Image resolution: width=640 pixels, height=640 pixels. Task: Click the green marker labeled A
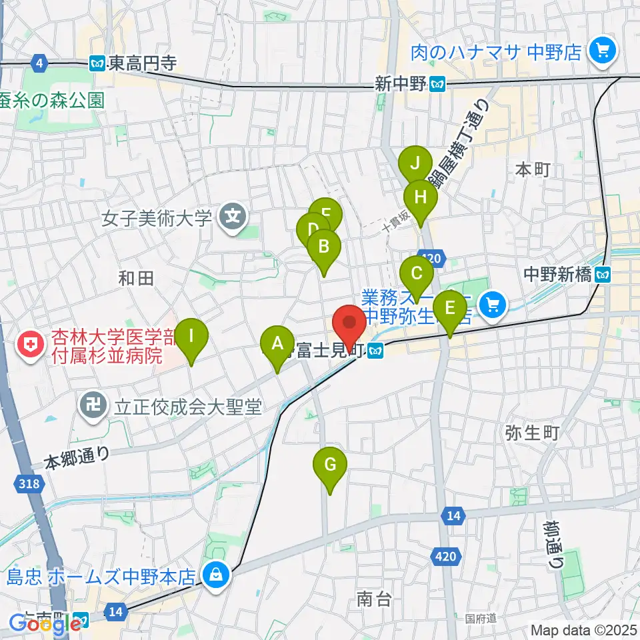(277, 345)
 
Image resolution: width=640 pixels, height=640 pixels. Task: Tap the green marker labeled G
(330, 465)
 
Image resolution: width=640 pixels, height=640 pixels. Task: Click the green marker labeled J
(415, 164)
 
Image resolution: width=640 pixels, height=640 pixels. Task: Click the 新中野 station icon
(438, 83)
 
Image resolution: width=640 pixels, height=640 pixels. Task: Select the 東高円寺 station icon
(97, 63)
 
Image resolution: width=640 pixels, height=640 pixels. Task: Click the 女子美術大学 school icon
(233, 217)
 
